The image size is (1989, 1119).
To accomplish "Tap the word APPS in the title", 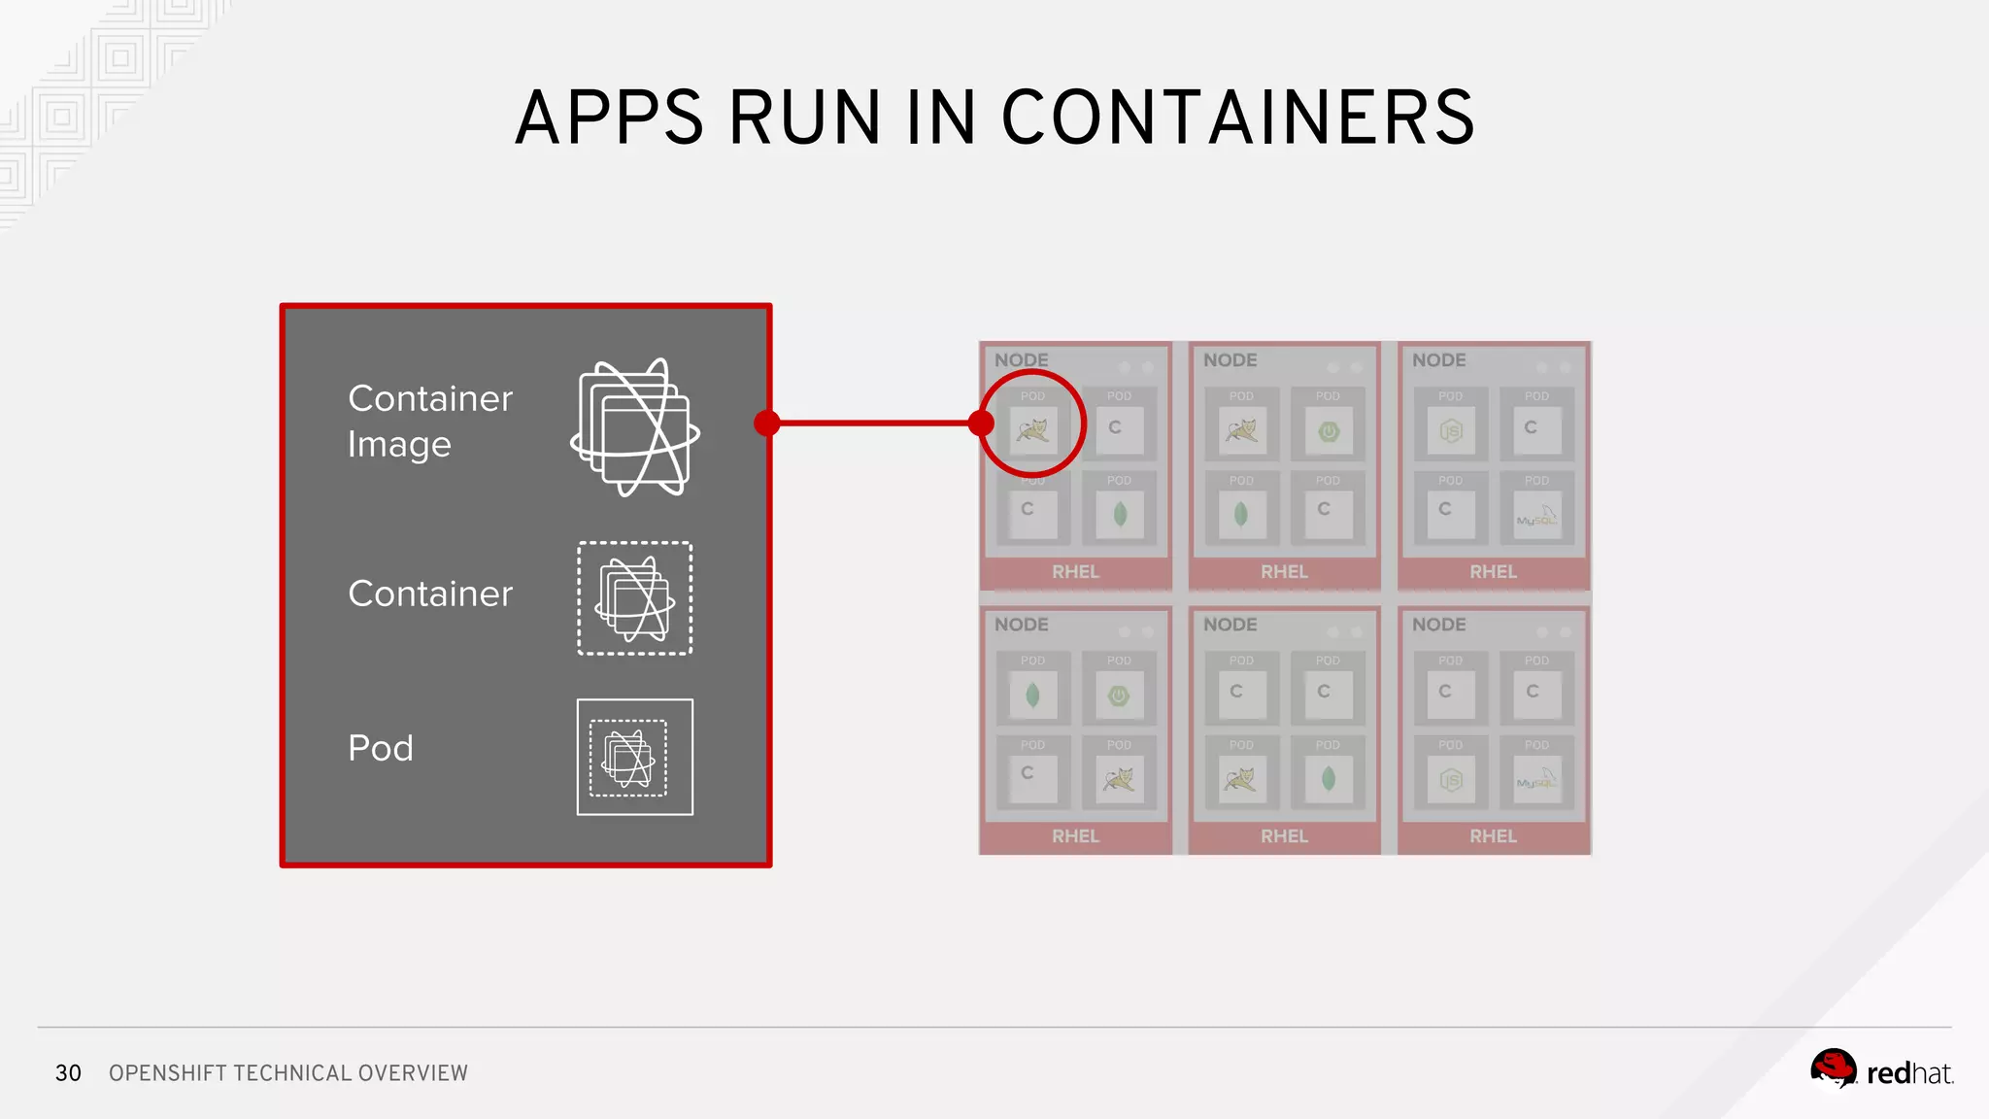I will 609,118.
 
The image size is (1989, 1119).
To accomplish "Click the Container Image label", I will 429,421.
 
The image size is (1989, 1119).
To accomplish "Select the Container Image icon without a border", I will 635,427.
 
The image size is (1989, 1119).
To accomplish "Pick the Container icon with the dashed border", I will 635,598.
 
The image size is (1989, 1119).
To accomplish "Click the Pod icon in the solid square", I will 635,757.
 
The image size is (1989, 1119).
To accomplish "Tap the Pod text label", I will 381,748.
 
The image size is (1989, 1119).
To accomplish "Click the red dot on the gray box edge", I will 767,423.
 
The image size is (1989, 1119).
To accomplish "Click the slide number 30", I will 68,1072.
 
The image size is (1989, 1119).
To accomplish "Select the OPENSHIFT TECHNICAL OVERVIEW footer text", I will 288,1072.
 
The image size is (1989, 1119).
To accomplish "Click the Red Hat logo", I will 1881,1070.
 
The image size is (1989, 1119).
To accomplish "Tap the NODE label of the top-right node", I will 1439,360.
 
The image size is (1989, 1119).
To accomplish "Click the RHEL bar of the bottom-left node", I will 1075,836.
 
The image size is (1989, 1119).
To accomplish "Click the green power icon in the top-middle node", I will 1329,431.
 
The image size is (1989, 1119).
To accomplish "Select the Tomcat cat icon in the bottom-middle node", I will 1241,779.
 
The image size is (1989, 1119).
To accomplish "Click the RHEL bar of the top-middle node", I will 1284,572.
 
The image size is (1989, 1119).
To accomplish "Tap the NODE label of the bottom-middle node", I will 1230,625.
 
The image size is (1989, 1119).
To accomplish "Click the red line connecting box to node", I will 874,423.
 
